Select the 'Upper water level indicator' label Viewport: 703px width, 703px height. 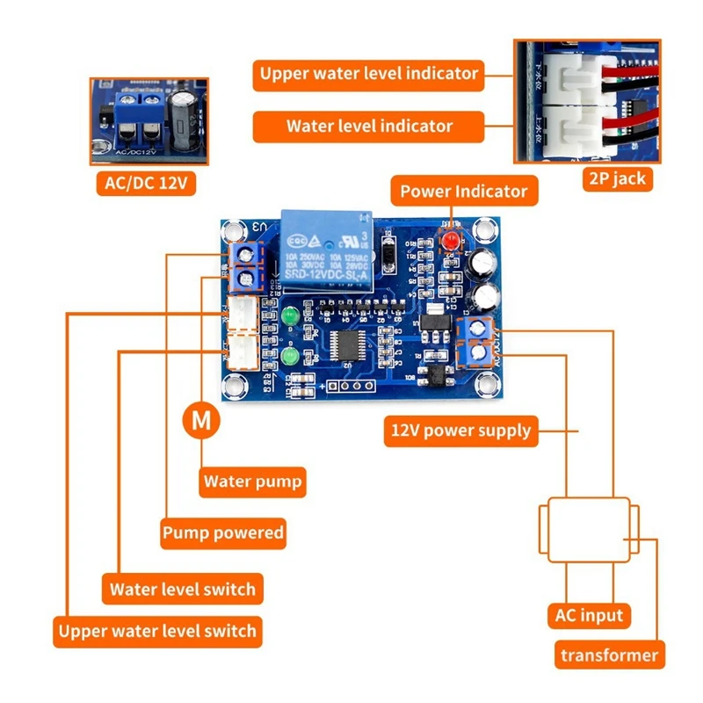coord(369,73)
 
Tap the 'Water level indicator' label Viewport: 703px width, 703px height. coord(369,126)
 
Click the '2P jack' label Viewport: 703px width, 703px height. coord(614,178)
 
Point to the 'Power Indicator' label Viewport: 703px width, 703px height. coord(463,191)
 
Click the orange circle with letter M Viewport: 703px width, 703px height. coord(202,420)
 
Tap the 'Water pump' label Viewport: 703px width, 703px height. coord(252,481)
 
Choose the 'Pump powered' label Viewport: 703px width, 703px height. coord(223,532)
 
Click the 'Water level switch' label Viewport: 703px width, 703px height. coord(182,588)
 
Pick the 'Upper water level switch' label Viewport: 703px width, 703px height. coord(157,630)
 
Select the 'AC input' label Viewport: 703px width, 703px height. coord(589,614)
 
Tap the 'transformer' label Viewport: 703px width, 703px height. coord(609,655)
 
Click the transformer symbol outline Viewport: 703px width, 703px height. coord(587,530)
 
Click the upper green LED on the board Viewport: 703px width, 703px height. coord(290,315)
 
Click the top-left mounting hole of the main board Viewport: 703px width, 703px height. coord(234,231)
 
